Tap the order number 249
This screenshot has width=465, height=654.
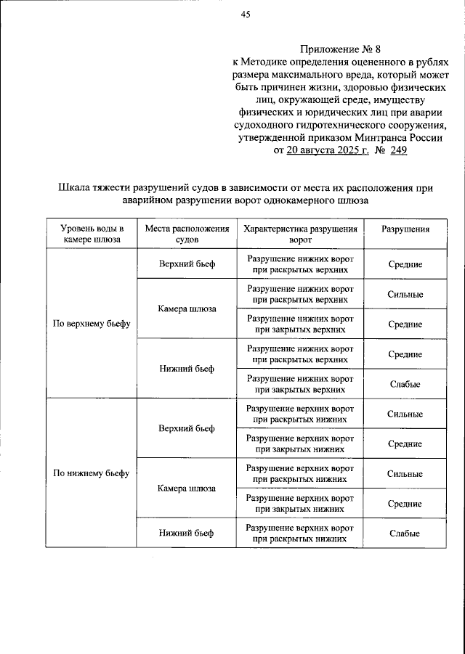(398, 151)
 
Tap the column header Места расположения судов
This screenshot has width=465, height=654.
(186, 233)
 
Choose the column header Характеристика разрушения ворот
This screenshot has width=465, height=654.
(299, 233)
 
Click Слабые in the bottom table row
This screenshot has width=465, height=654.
(405, 534)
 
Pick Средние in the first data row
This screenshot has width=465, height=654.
(405, 264)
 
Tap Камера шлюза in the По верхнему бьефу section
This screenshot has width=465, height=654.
(186, 308)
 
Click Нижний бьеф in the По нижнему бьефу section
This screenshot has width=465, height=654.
(186, 534)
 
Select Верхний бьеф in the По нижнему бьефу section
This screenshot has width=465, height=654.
(186, 428)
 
